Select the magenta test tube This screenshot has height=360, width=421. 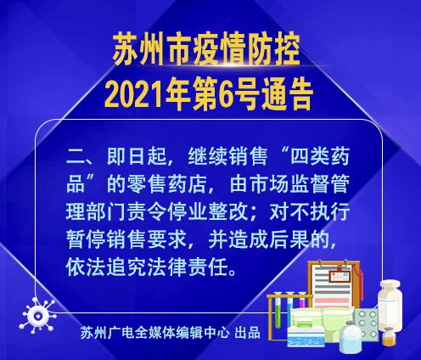pyautogui.click(x=302, y=301)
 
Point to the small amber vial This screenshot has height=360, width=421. pyautogui.click(x=389, y=337)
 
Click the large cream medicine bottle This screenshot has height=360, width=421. pyautogui.click(x=390, y=305)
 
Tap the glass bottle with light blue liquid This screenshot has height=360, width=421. pyautogui.click(x=351, y=337)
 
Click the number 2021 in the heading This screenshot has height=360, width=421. pyautogui.click(x=135, y=93)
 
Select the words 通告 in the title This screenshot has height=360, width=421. pyautogui.click(x=287, y=93)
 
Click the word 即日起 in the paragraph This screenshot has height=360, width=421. pyautogui.click(x=137, y=156)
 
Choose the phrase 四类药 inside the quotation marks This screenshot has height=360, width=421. pyautogui.click(x=320, y=156)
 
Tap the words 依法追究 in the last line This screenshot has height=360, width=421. pyautogui.click(x=106, y=267)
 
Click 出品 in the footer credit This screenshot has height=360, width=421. pyautogui.click(x=247, y=333)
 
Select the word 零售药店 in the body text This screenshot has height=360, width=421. pyautogui.click(x=167, y=184)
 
